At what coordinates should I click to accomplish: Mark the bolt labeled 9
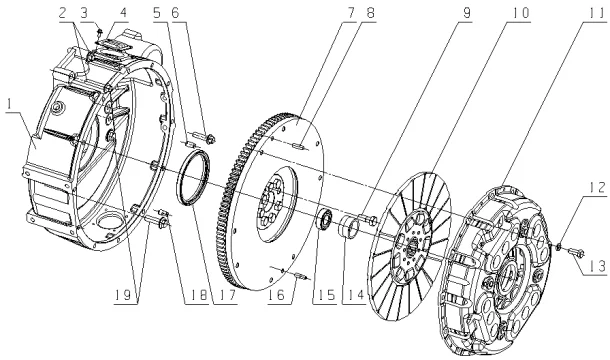(x=371, y=220)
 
